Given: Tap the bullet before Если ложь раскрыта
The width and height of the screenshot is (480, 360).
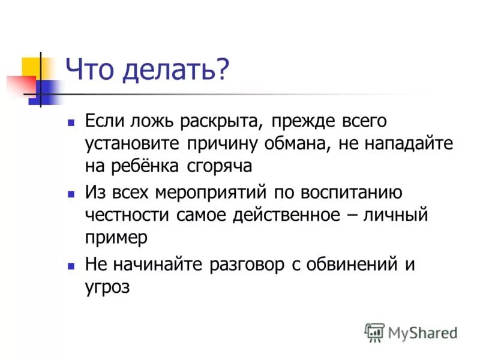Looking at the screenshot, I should click(x=71, y=121).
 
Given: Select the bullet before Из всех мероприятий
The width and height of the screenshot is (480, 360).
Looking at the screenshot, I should click(x=71, y=194).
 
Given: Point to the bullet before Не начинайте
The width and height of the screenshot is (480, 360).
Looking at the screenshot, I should click(x=71, y=265).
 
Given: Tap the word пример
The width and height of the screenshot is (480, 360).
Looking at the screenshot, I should click(x=116, y=238).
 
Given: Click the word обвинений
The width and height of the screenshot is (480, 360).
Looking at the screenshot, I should click(x=347, y=265).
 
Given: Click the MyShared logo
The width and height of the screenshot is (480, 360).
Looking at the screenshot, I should click(x=412, y=332).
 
